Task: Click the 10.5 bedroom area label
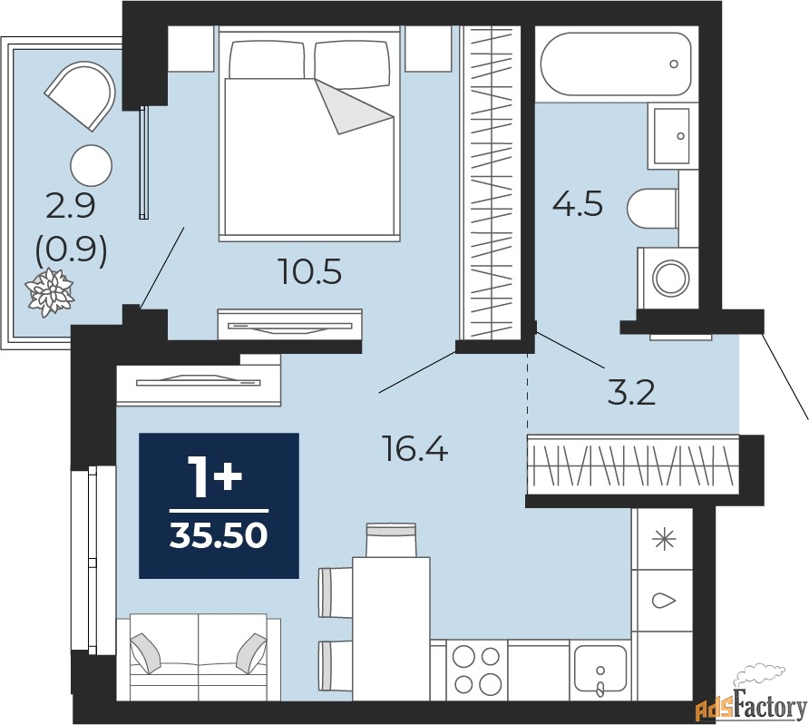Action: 309,271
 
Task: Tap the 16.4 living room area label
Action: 414,448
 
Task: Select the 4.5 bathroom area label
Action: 578,203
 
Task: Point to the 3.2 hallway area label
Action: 631,393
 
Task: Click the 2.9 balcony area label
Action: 71,206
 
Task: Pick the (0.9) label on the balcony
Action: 72,250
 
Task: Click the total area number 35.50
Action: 219,535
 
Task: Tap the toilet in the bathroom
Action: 652,208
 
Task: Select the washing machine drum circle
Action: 670,278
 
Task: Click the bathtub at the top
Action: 615,64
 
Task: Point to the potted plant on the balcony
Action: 50,291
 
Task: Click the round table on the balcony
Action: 91,165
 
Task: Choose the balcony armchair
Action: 82,95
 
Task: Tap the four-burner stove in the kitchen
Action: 477,670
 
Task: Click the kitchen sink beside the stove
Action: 600,670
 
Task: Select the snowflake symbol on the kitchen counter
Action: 664,539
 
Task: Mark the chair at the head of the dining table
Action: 391,540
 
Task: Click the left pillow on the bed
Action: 267,60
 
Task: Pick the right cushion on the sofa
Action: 251,653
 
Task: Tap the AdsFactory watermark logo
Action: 752,704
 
